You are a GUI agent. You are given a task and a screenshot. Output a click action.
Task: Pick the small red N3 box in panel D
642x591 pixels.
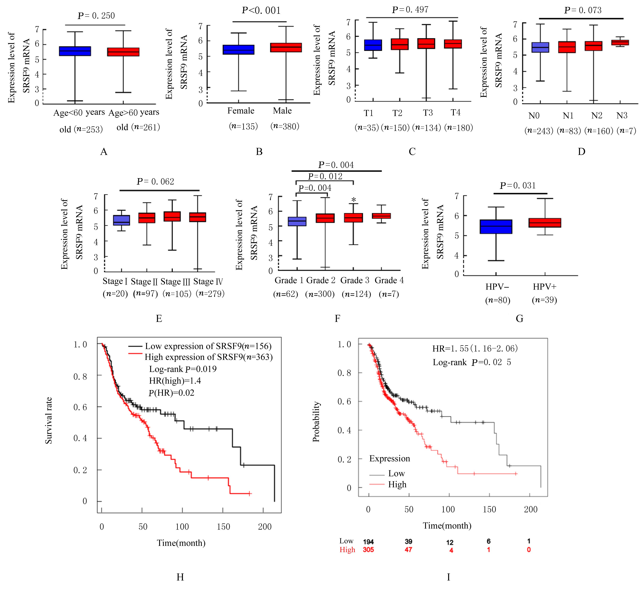click(620, 43)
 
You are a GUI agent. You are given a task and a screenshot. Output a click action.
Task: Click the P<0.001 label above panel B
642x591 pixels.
click(261, 11)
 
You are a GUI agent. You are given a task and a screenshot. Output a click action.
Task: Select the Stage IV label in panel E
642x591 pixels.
click(208, 282)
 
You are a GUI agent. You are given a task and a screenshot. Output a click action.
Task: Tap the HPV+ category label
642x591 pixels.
click(544, 287)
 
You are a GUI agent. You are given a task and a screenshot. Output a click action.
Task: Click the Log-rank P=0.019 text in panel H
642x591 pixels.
click(183, 369)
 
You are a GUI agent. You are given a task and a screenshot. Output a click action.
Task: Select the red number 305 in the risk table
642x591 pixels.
click(368, 550)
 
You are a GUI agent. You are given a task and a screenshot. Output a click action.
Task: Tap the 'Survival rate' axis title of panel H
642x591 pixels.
click(49, 420)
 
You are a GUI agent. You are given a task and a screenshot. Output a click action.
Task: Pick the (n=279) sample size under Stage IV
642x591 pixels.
click(210, 294)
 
